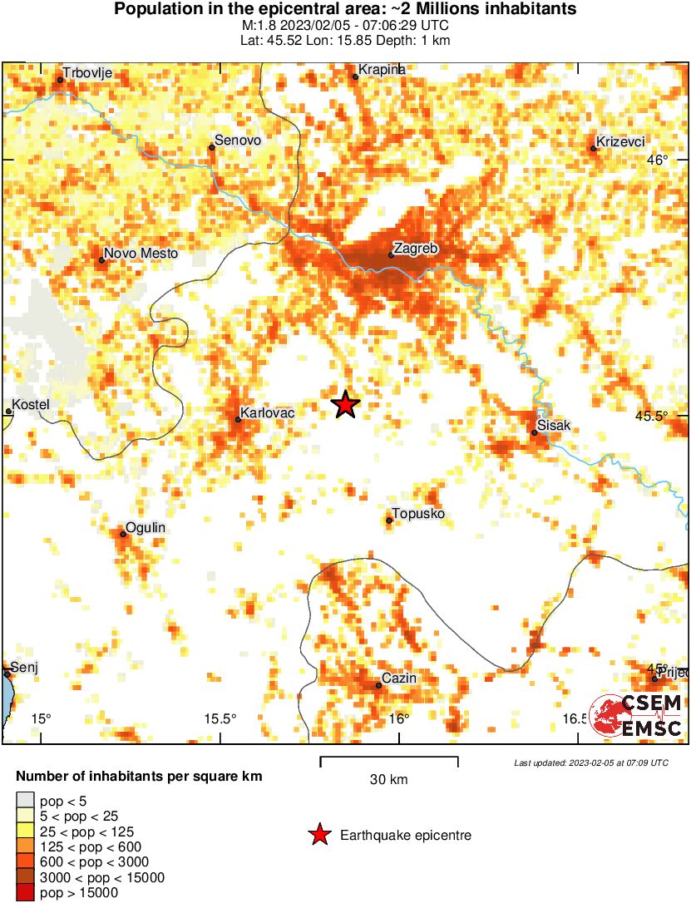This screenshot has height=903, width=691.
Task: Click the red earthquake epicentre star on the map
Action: (x=346, y=405)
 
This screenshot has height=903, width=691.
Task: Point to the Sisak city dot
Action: (x=535, y=432)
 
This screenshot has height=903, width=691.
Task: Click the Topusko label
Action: (x=418, y=514)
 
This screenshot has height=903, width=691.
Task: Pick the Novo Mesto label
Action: (x=141, y=254)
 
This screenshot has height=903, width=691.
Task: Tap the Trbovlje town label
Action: (x=88, y=73)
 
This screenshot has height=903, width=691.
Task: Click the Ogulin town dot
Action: (x=123, y=534)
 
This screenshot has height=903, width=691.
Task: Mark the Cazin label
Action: (x=399, y=678)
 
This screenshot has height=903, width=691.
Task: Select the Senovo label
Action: (x=238, y=141)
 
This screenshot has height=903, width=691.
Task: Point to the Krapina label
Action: (x=382, y=70)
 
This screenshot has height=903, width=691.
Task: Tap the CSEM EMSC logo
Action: (x=639, y=716)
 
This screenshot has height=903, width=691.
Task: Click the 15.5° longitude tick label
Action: (x=220, y=718)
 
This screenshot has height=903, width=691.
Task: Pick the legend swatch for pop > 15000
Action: (x=25, y=892)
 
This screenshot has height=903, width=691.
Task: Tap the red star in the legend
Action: (x=319, y=835)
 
